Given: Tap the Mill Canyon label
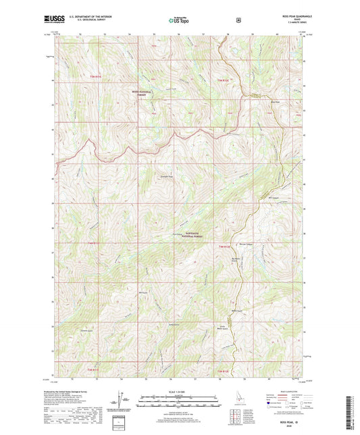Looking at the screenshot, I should [272, 198].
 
